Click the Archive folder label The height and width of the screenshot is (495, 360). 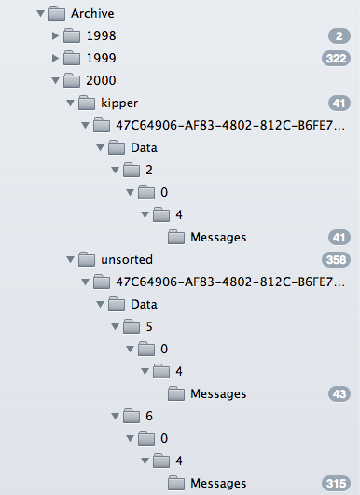coord(92,14)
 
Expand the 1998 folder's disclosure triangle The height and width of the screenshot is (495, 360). coord(55,36)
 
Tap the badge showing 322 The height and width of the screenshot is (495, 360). coord(336,59)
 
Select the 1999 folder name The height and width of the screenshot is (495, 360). coord(101,58)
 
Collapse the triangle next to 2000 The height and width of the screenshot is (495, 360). coord(56,80)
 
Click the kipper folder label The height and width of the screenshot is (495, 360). coord(119,103)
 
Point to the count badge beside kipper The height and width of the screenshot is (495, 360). coord(339,103)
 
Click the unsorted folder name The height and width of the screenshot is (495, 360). coord(127,259)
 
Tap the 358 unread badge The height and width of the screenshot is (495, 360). coord(336,260)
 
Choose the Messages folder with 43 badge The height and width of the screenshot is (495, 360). coord(218,394)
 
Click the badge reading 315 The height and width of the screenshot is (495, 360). coord(336,484)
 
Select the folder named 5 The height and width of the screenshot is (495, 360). coord(149,327)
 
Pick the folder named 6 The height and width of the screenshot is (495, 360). coord(149,416)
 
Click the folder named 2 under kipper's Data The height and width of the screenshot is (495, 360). coord(149,171)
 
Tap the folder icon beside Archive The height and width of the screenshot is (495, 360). coord(57,13)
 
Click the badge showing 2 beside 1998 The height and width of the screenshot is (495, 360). coord(339,36)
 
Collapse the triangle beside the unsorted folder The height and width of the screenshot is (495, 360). coord(71,260)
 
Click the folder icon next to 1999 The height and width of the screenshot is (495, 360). coord(72,58)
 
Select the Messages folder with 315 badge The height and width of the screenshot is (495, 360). coord(218,484)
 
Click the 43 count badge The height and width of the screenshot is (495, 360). coord(339,394)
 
